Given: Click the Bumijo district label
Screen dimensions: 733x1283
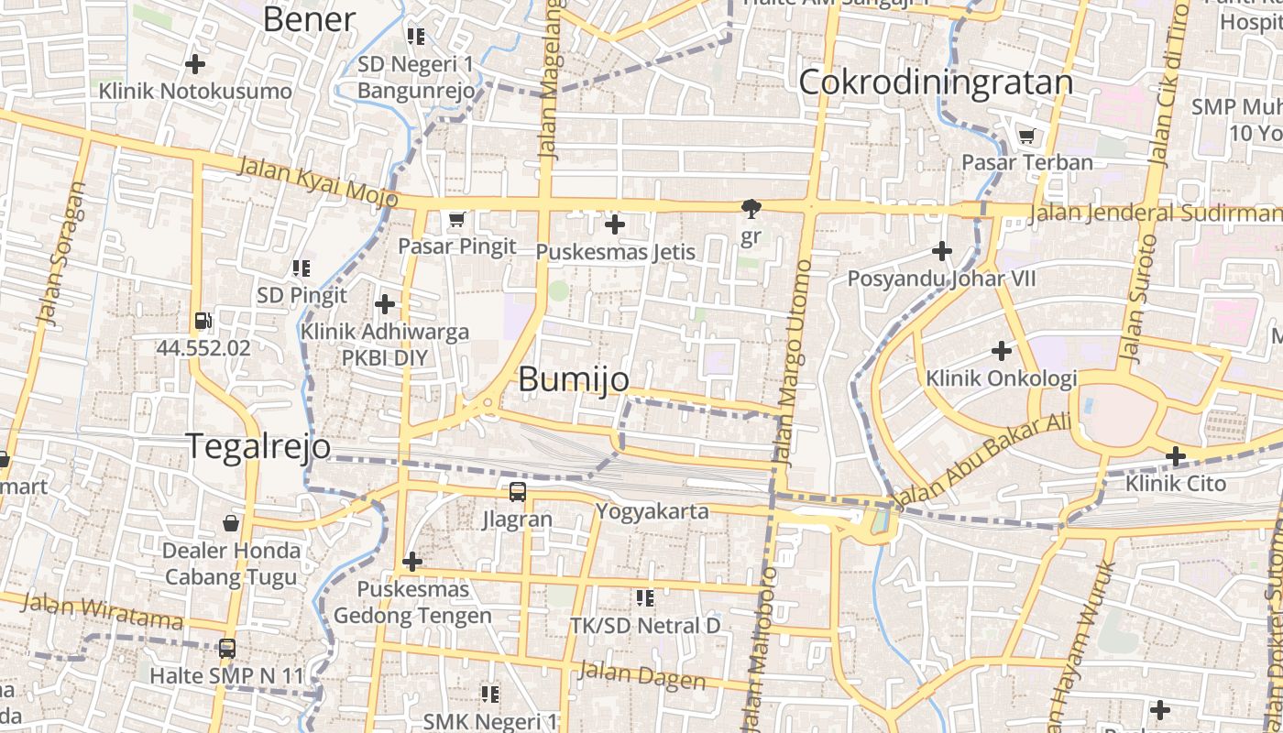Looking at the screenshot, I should (574, 379).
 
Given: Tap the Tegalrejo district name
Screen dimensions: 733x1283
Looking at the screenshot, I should (259, 446).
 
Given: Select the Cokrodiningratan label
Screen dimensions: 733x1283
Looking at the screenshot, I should (936, 82).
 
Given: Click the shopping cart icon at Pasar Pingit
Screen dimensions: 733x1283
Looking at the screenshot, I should (457, 220).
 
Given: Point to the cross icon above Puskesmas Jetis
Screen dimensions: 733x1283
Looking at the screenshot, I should (615, 224).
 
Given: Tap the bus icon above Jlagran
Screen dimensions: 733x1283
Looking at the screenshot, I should (518, 492).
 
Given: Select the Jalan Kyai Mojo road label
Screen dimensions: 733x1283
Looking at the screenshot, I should (317, 181).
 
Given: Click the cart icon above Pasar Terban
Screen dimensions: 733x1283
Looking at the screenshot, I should (1027, 137).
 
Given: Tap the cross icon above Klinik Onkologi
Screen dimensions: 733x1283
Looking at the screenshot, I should (1002, 351).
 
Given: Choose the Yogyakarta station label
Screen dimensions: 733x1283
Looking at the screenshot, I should (652, 511).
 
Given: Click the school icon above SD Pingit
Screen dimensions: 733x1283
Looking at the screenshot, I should (302, 268).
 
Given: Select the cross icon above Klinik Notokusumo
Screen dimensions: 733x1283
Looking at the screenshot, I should (195, 64).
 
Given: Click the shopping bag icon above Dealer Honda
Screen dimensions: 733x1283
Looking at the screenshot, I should (231, 523).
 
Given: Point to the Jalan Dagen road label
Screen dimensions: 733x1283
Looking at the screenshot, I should (641, 676).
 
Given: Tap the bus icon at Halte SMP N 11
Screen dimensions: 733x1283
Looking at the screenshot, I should (226, 649).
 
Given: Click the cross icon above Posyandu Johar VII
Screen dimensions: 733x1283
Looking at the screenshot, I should (942, 251).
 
